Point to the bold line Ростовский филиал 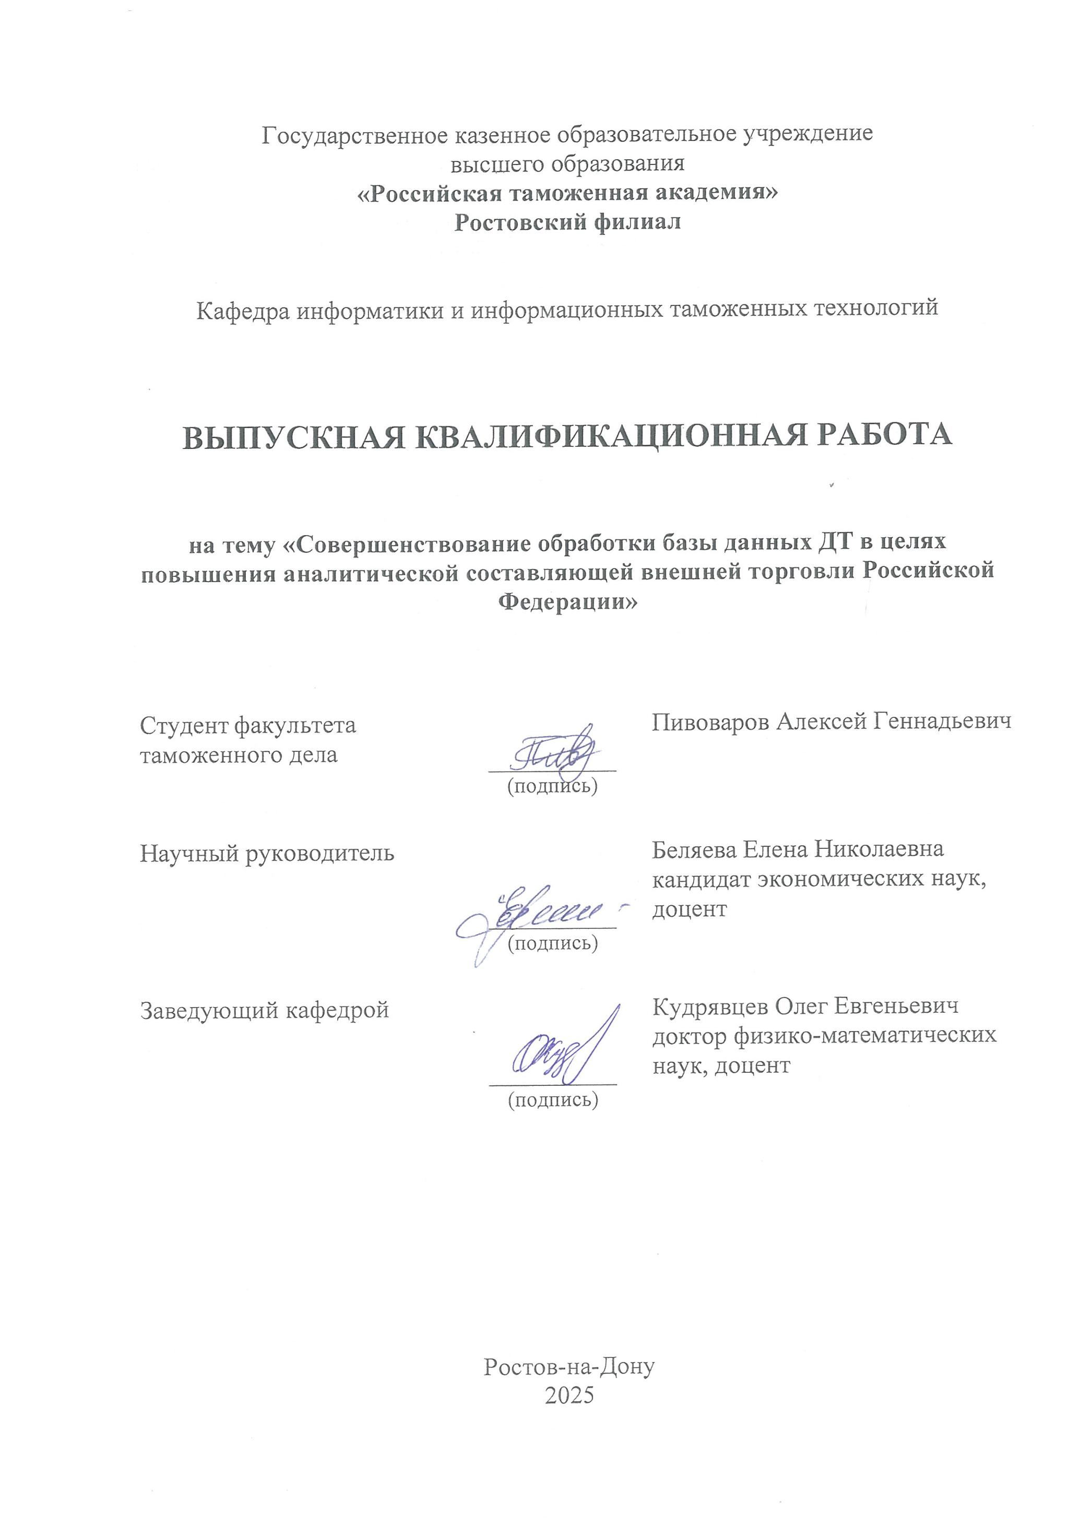(x=567, y=222)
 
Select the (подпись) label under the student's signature (x=552, y=786)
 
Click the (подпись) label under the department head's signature (x=553, y=1100)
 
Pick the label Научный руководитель (x=267, y=853)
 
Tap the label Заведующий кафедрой (x=264, y=1010)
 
